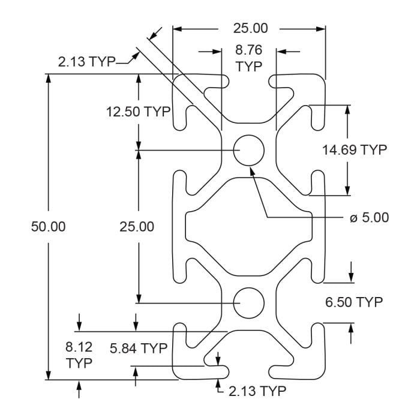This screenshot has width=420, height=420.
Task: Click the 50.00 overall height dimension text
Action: (x=48, y=226)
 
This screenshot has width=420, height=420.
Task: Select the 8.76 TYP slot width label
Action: (x=249, y=59)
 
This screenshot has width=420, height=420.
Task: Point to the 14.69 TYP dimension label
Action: (x=355, y=150)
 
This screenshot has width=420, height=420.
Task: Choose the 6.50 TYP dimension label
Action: (x=353, y=302)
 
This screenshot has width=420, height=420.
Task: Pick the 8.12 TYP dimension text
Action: (x=79, y=355)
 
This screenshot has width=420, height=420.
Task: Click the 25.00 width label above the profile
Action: (x=250, y=28)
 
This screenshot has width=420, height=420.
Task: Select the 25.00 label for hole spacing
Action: (x=137, y=226)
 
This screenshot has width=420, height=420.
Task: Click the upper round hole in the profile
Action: (x=249, y=149)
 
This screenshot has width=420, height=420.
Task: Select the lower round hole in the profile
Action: (x=249, y=303)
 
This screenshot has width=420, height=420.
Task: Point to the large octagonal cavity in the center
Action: (x=249, y=226)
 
